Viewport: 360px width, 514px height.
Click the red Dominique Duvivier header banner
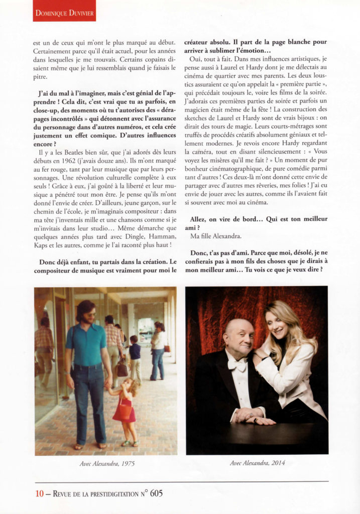click(x=64, y=11)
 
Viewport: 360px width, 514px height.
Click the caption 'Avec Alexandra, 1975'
click(x=105, y=463)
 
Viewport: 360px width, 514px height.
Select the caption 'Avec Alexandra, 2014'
click(x=257, y=463)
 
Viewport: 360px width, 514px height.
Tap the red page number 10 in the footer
click(x=39, y=493)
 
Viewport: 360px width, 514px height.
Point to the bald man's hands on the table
click(x=254, y=416)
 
